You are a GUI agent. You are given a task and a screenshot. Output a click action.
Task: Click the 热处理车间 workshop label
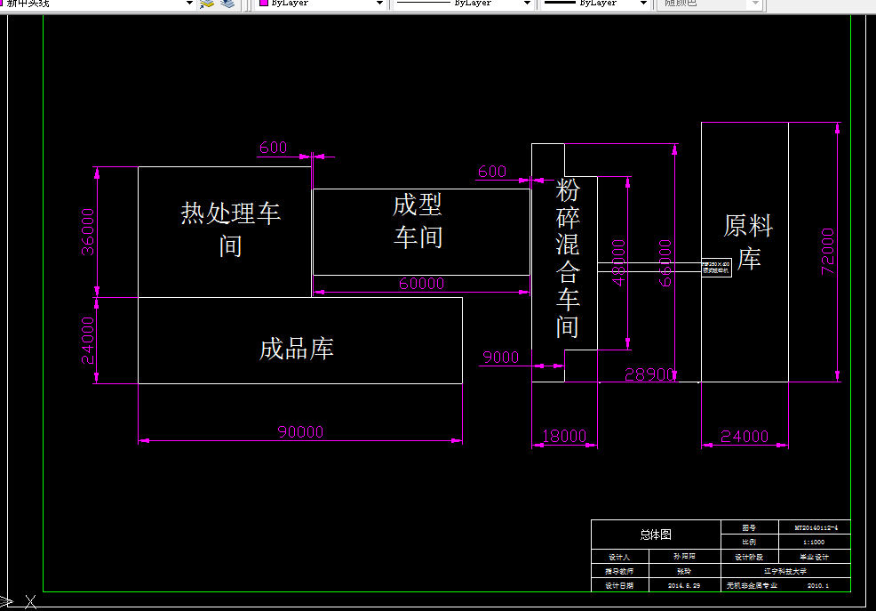pyautogui.click(x=230, y=229)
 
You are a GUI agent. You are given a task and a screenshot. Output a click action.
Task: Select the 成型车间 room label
pyautogui.click(x=418, y=221)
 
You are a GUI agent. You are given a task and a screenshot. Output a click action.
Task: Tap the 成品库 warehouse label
pyautogui.click(x=296, y=349)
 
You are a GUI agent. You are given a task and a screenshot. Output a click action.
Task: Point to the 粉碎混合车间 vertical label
pyautogui.click(x=568, y=259)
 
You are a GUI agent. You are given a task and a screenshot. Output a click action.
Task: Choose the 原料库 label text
pyautogui.click(x=748, y=242)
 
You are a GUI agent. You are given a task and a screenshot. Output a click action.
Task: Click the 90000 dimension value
pyautogui.click(x=300, y=432)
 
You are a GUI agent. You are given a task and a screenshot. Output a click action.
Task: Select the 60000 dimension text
pyautogui.click(x=421, y=284)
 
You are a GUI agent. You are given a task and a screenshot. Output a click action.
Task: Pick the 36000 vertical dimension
pyautogui.click(x=88, y=231)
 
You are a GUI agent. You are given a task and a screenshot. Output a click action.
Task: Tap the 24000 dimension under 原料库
pyautogui.click(x=745, y=436)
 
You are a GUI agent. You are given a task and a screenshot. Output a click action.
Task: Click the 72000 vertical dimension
pyautogui.click(x=827, y=252)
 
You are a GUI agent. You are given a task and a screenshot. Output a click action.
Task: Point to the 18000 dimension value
pyautogui.click(x=564, y=436)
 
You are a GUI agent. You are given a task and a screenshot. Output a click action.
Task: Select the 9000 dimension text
pyautogui.click(x=500, y=358)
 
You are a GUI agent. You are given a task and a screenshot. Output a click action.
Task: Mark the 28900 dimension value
pyautogui.click(x=649, y=374)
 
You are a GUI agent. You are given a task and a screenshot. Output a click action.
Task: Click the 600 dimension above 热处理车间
pyautogui.click(x=273, y=148)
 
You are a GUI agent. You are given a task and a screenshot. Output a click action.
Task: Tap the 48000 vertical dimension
pyautogui.click(x=618, y=261)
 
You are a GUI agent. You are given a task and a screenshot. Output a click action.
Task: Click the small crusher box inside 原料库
pyautogui.click(x=716, y=267)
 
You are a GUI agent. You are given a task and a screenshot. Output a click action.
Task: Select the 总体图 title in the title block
pyautogui.click(x=656, y=535)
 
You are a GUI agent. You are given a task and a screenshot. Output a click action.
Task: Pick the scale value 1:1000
pyautogui.click(x=814, y=542)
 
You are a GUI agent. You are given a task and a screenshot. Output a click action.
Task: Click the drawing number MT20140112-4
pyautogui.click(x=814, y=527)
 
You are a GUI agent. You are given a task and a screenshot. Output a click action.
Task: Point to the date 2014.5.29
pyautogui.click(x=685, y=585)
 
